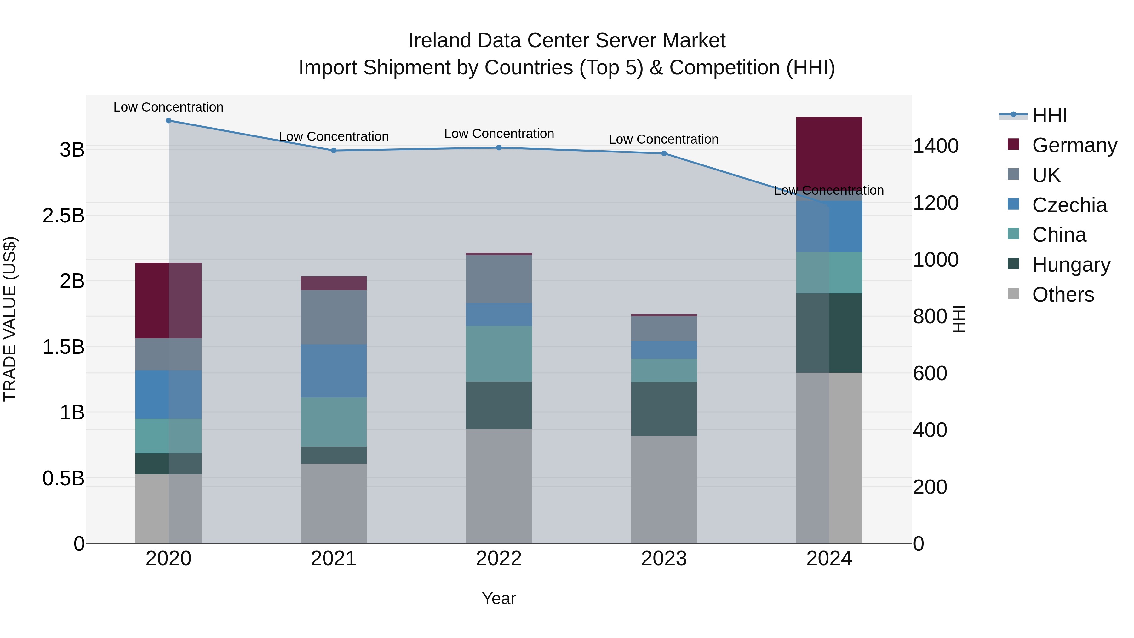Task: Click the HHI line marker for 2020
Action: [x=169, y=121]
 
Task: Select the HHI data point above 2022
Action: [x=499, y=147]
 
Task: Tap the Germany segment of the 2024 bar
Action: [x=829, y=154]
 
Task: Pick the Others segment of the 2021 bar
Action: [x=334, y=503]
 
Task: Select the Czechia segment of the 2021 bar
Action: [x=334, y=371]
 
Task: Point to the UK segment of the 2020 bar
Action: [x=169, y=354]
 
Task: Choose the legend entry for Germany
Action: [x=1074, y=145]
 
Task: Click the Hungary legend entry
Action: [x=1071, y=265]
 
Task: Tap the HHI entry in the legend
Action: [x=1050, y=115]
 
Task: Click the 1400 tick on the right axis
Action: [x=936, y=146]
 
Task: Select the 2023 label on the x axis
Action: [x=664, y=558]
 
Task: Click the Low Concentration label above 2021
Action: [x=334, y=136]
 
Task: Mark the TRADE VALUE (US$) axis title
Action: [x=10, y=319]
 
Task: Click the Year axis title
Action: [x=499, y=598]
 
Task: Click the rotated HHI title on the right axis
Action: [x=958, y=319]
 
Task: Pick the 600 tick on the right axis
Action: [x=930, y=373]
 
